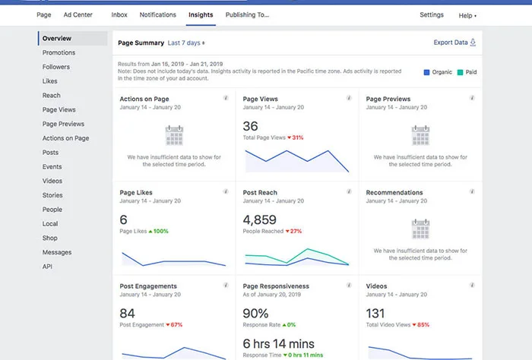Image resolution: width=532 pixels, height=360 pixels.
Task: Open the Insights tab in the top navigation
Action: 201,15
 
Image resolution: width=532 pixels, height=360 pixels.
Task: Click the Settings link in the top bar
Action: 432,15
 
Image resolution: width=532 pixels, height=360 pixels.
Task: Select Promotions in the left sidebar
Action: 59,52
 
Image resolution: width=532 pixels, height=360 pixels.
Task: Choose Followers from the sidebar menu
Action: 56,67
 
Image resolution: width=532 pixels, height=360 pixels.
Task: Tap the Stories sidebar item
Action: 52,195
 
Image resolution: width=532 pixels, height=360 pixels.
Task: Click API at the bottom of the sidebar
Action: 47,267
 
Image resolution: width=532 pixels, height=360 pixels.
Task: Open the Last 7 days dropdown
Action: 186,43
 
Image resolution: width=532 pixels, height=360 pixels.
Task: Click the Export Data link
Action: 454,43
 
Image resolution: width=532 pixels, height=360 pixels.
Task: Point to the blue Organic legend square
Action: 426,72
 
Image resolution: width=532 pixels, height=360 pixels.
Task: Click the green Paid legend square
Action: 460,72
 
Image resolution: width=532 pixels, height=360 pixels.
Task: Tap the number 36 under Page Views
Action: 250,126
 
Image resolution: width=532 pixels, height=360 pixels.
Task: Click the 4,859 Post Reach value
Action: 260,219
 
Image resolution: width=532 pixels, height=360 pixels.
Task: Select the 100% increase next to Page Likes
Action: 158,231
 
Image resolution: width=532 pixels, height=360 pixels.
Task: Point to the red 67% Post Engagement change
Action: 174,325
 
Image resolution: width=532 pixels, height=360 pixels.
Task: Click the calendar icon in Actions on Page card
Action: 174,135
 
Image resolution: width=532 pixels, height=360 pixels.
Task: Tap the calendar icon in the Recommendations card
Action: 421,229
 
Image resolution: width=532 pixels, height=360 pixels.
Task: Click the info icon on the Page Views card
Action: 349,98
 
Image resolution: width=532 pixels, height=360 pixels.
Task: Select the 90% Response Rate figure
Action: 255,313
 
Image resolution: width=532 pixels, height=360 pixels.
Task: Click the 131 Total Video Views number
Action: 375,313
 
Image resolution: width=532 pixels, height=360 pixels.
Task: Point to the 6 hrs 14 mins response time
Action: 279,344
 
